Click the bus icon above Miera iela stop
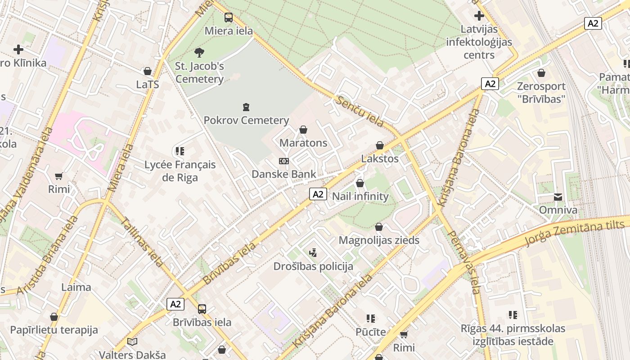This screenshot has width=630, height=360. tap(229, 18)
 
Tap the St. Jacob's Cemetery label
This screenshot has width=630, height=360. tap(199, 72)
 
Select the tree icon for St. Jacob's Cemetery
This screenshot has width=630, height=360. tap(199, 53)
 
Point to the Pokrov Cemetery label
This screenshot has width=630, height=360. tap(246, 120)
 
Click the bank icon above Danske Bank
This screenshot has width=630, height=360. tap(283, 161)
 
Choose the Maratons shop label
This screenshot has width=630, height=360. tap(303, 143)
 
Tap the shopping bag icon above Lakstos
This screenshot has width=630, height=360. tap(380, 145)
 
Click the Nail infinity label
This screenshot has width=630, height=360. tap(360, 196)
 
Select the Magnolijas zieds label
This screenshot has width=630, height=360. tap(379, 240)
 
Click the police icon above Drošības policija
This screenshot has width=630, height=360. tap(313, 253)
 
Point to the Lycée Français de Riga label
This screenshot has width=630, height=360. tap(180, 171)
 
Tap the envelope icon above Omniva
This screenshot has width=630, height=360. tap(558, 197)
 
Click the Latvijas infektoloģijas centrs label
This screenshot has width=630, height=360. tap(479, 42)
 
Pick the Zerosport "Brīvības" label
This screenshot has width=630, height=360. tap(541, 92)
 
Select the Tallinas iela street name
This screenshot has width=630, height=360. tap(142, 242)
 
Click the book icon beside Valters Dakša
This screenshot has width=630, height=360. tap(132, 342)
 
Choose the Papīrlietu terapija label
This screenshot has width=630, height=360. tap(54, 330)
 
